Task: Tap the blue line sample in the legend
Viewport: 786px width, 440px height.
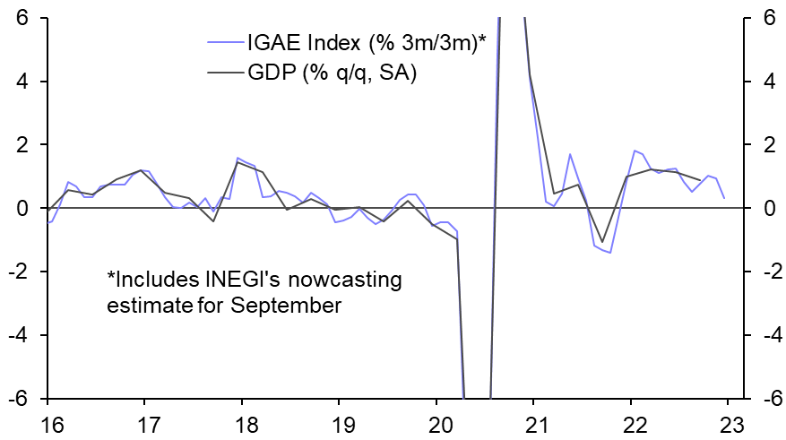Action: coord(223,41)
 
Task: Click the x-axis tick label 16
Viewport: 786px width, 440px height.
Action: coord(48,425)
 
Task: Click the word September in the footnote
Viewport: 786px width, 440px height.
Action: coord(286,306)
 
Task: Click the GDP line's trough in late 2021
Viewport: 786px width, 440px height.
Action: coord(602,242)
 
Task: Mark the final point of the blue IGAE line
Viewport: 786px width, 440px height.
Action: coord(723,197)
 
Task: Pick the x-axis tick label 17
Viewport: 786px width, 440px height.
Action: coord(145,425)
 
